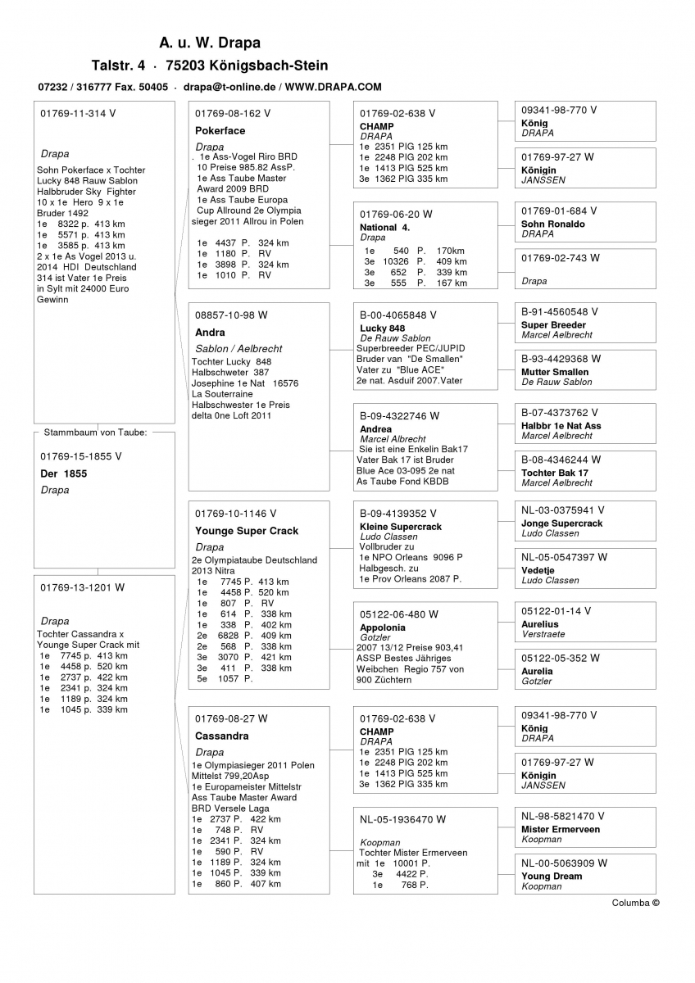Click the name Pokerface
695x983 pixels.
click(x=220, y=130)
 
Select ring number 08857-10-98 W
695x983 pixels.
click(x=231, y=315)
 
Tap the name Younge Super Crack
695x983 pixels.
click(x=247, y=531)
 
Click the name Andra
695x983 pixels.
click(x=210, y=333)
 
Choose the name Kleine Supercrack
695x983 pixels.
click(x=401, y=527)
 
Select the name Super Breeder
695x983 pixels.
click(x=553, y=325)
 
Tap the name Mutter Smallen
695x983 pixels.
click(x=555, y=372)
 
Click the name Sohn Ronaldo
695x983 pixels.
click(x=553, y=224)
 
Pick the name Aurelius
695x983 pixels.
click(x=540, y=624)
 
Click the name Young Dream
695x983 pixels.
click(x=552, y=876)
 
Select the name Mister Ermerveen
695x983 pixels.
click(x=561, y=829)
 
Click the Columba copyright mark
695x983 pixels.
click(x=635, y=903)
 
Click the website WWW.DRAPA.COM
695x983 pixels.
click(x=334, y=86)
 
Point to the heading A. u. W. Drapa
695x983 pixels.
click(x=210, y=43)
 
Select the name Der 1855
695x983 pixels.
click(x=63, y=473)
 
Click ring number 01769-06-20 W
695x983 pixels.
click(x=396, y=214)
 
